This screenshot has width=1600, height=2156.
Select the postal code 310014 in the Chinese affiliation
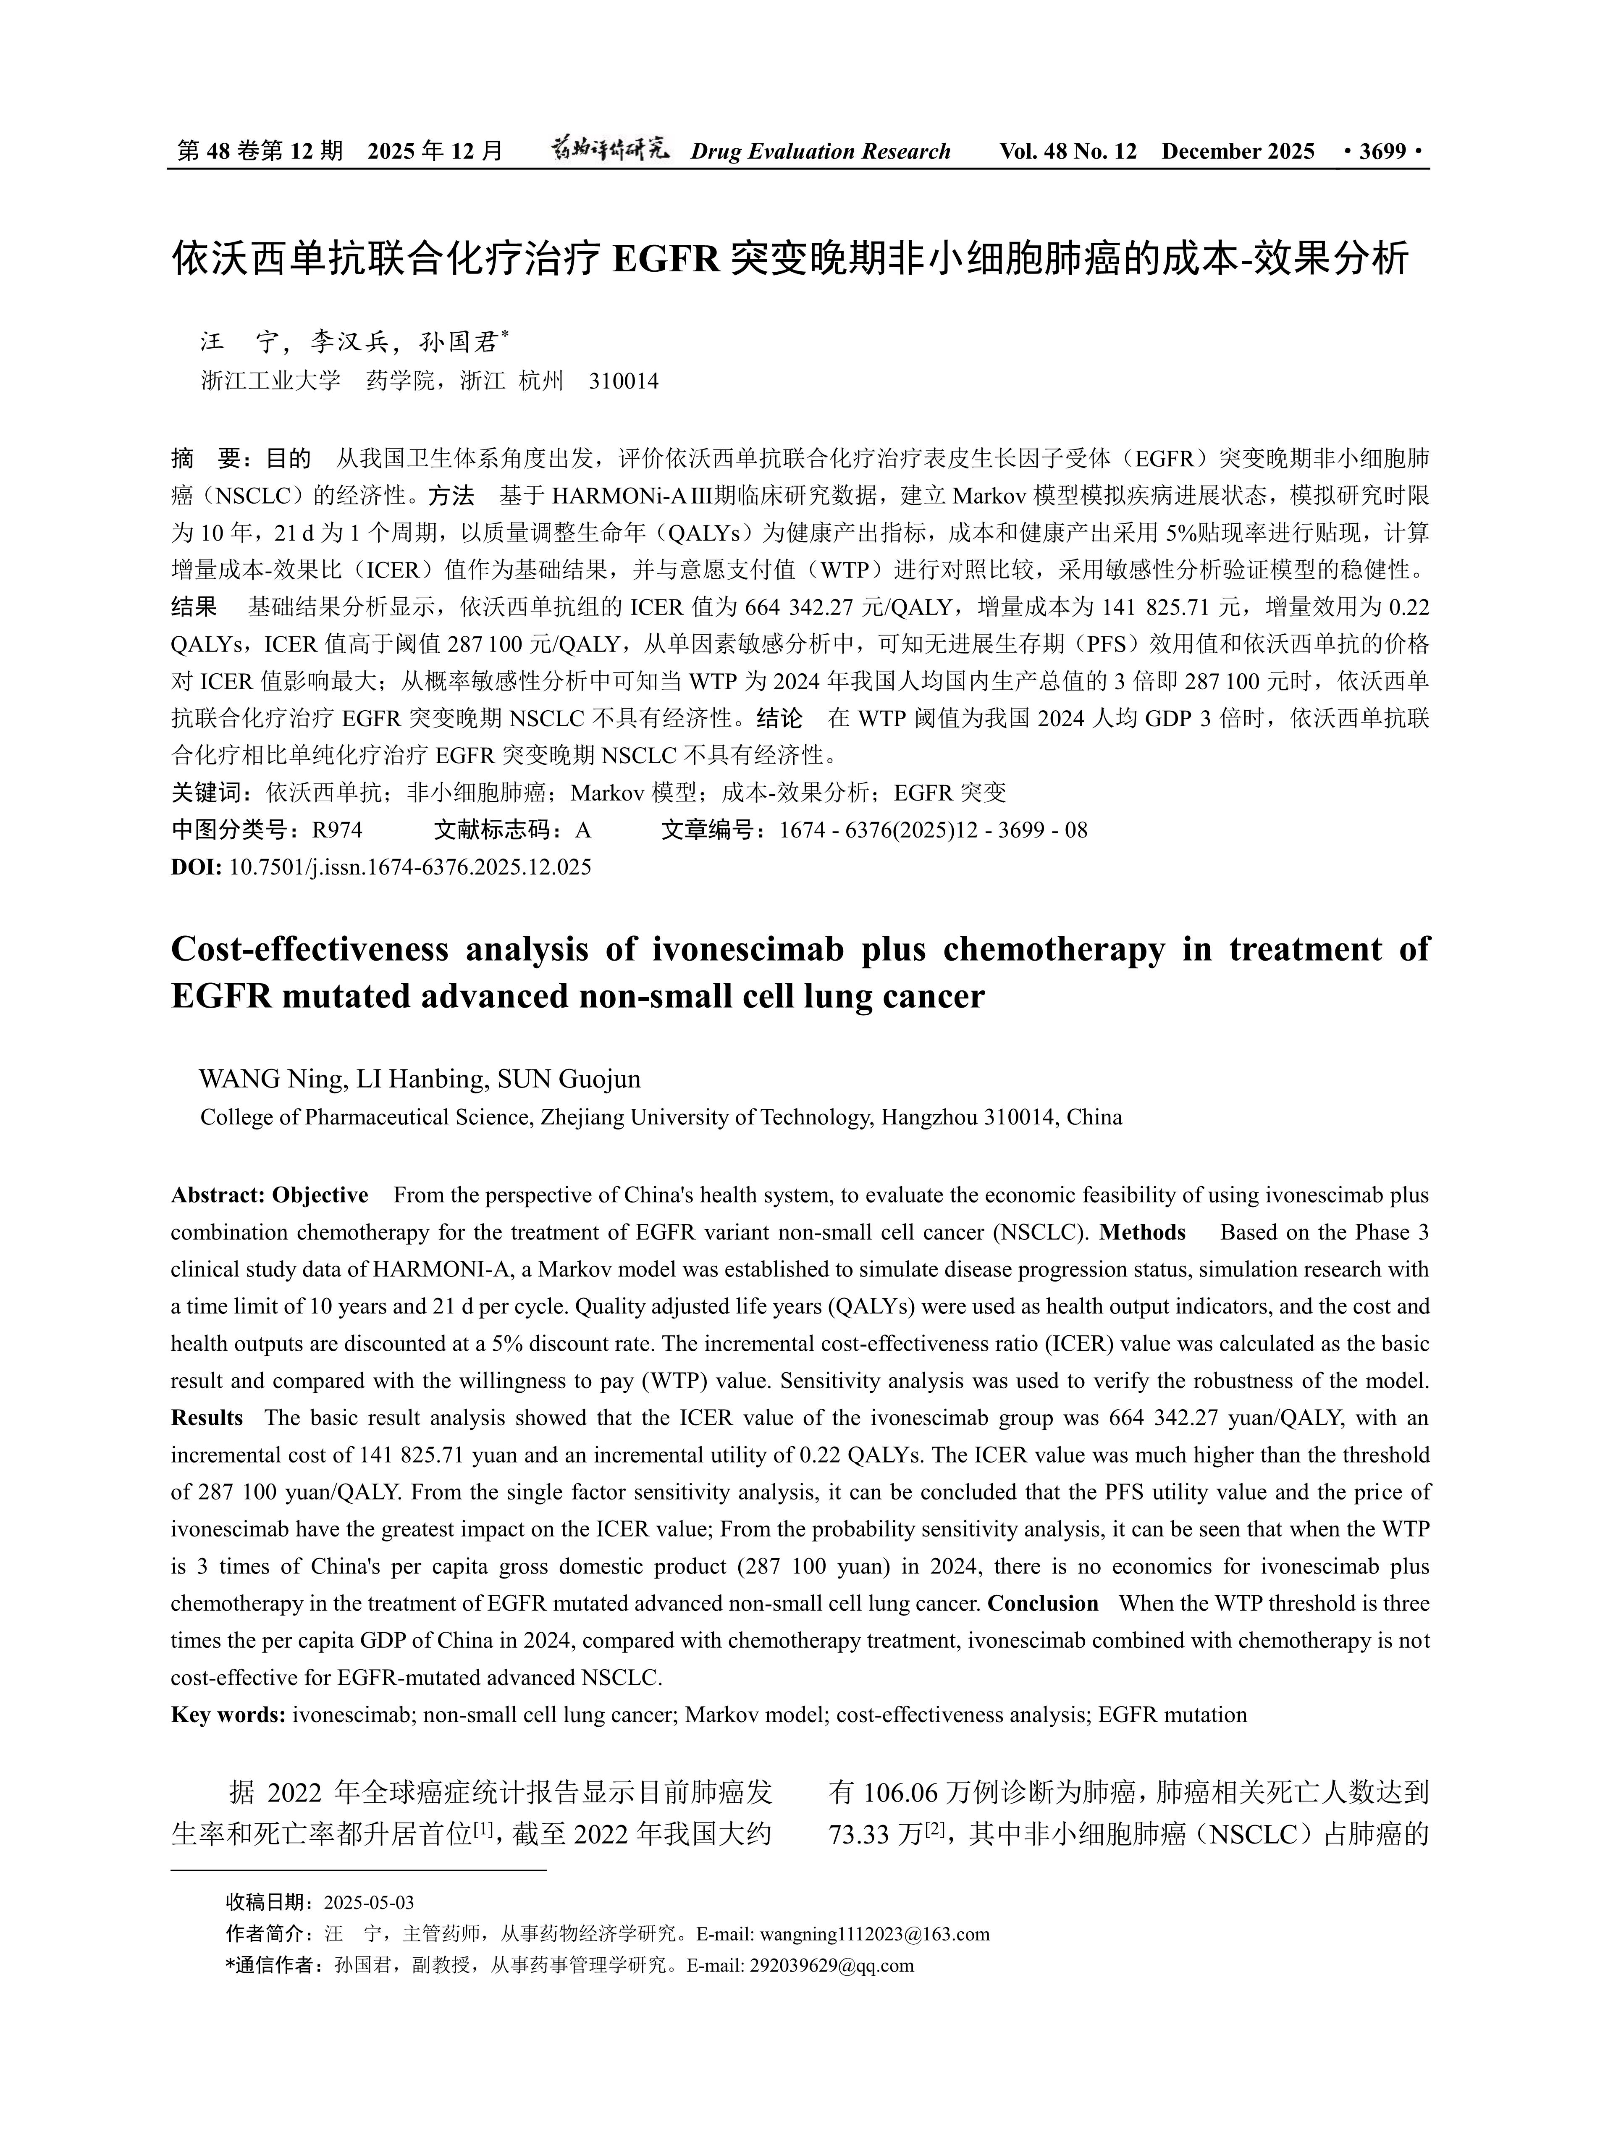coord(624,382)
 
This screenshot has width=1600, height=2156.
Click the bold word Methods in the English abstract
coord(1143,1233)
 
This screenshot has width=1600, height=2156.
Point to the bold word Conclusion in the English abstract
coord(1043,1604)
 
